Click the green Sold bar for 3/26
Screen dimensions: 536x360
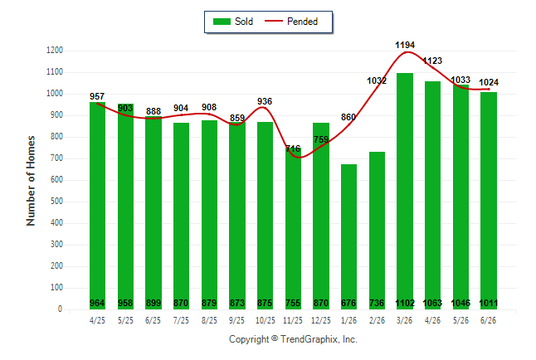pos(405,191)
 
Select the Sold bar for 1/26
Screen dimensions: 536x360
pos(348,237)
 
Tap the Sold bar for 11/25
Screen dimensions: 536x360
pos(293,228)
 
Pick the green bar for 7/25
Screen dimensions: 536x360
pos(181,216)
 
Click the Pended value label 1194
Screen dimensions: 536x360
pos(405,45)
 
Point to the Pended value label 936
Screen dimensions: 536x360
pos(265,101)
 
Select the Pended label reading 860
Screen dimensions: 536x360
pos(348,117)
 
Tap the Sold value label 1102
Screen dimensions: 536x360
pos(405,303)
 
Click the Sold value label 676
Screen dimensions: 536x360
pos(348,303)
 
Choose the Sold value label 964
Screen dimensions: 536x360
pos(97,303)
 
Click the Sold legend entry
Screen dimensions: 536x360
pos(233,22)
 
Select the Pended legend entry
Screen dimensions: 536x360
pos(291,22)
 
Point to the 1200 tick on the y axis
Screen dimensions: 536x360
pos(55,51)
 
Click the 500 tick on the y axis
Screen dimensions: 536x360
pos(56,201)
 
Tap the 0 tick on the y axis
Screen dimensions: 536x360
pos(61,309)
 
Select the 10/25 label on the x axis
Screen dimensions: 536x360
pos(266,320)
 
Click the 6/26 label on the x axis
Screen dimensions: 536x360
pos(489,320)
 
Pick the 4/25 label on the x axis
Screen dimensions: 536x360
pos(97,320)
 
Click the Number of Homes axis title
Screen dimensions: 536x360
pos(31,181)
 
